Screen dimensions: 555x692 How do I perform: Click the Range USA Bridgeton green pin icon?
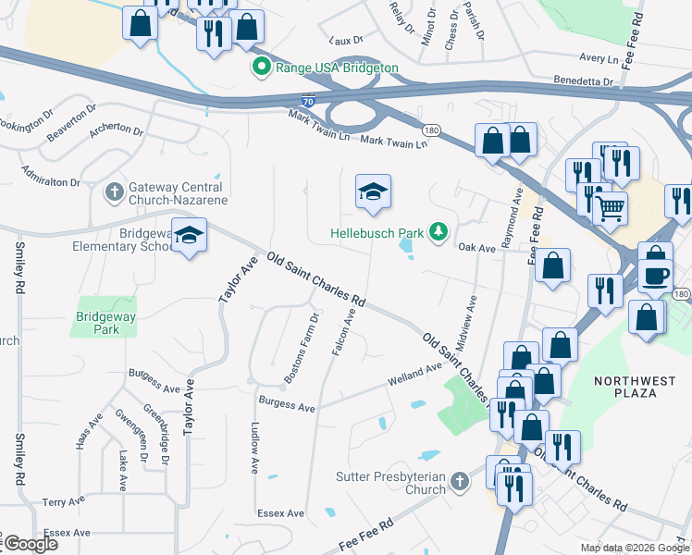click(x=262, y=68)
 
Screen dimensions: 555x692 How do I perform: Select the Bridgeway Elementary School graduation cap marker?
click(x=189, y=236)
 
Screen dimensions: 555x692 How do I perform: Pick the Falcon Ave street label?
click(x=350, y=337)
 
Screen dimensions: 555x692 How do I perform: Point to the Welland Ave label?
click(x=416, y=373)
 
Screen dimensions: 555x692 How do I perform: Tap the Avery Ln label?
click(x=599, y=58)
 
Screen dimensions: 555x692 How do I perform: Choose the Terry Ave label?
click(x=63, y=502)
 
